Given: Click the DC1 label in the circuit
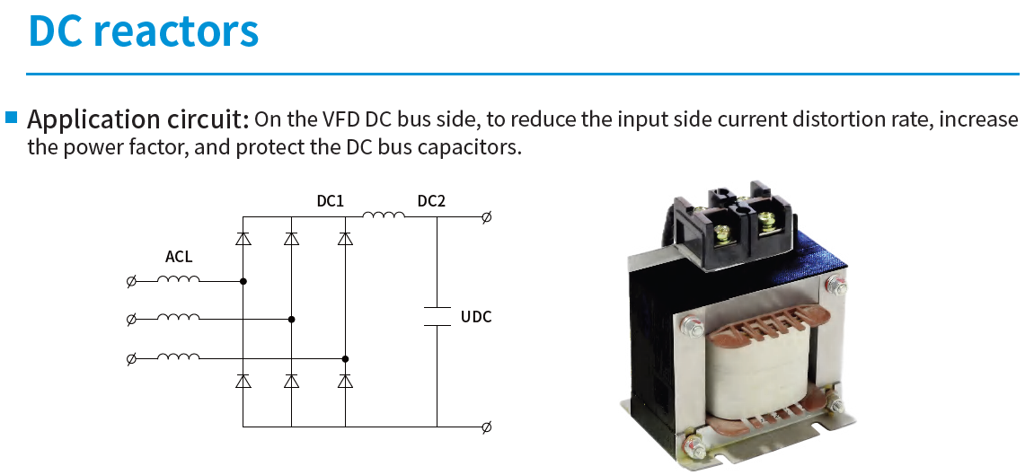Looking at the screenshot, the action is pos(330,201).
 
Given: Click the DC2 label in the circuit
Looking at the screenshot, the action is pos(431,201).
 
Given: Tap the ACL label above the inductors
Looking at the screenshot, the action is pos(179,258).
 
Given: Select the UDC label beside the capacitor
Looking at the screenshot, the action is pos(476,318).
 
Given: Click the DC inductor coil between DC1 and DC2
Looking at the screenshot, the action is pos(384,215).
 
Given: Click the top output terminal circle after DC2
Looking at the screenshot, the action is pos(486,217).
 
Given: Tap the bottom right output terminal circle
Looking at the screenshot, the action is pos(486,427).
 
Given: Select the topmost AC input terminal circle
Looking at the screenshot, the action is pos(131,282).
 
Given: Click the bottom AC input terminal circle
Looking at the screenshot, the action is pos(131,358).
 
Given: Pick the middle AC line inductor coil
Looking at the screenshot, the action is pos(179,318).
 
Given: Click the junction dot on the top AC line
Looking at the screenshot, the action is pos(243,282).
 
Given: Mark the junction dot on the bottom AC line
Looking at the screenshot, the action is pos(345,358).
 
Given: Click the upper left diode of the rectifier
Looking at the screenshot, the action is pos(243,239).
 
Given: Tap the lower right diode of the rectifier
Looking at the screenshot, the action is pos(345,381).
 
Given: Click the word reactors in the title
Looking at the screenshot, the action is pos(176,31).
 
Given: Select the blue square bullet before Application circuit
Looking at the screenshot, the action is pos(12,118).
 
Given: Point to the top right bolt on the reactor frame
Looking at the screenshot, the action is pos(835,285).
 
